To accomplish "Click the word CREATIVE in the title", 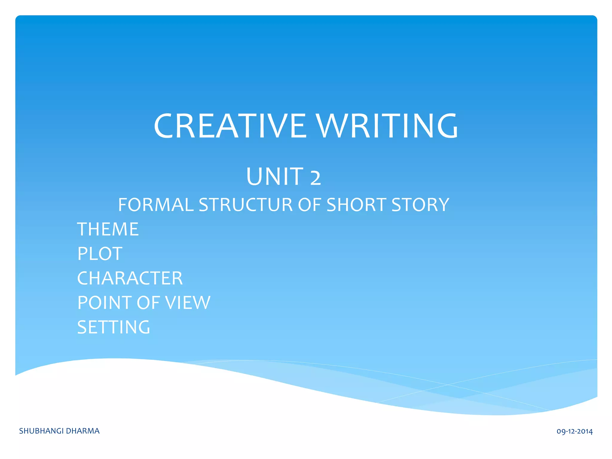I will tap(230, 126).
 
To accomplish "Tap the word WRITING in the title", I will tap(387, 126).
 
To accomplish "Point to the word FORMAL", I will tap(156, 205).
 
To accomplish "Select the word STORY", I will tap(420, 205).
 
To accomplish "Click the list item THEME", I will tap(108, 229).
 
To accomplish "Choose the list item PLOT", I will tap(100, 254).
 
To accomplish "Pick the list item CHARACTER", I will tap(130, 279).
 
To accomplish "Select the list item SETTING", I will tap(114, 327).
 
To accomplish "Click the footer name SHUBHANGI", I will tap(41, 431).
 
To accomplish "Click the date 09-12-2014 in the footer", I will tap(574, 432).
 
